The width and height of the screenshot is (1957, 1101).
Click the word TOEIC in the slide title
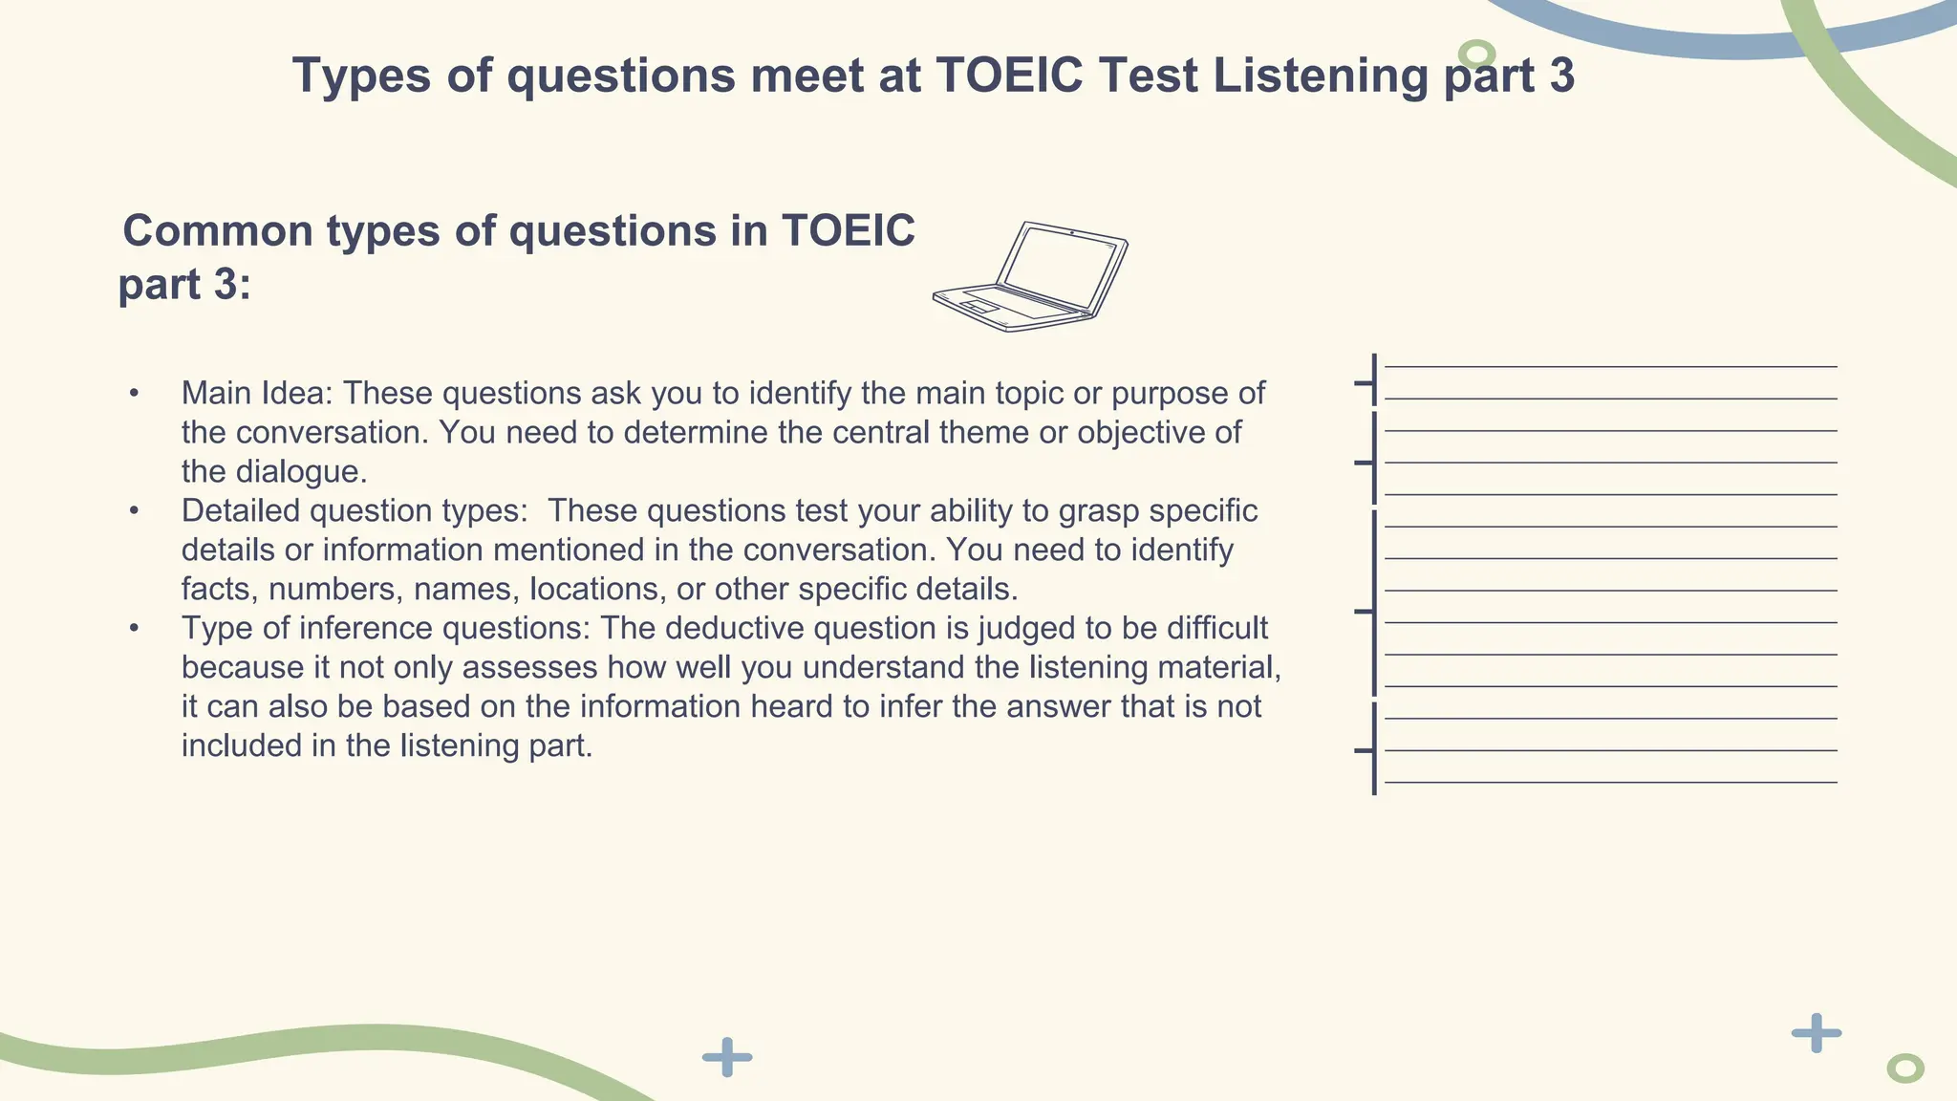click(x=1009, y=76)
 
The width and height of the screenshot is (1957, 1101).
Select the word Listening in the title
click(x=1320, y=76)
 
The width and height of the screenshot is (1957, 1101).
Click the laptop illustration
click(x=1031, y=277)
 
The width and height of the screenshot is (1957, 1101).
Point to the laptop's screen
click(x=1059, y=266)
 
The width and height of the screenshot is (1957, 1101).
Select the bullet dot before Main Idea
click(x=135, y=393)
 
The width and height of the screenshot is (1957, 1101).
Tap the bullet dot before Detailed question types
click(x=135, y=510)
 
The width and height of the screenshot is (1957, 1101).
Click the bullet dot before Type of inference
click(x=135, y=628)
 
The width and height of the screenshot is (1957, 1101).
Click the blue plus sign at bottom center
click(x=727, y=1057)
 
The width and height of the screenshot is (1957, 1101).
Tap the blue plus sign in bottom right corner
click(x=1816, y=1033)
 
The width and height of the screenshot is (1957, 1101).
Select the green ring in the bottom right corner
click(x=1904, y=1069)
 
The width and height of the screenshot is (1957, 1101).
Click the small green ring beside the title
click(x=1477, y=54)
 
